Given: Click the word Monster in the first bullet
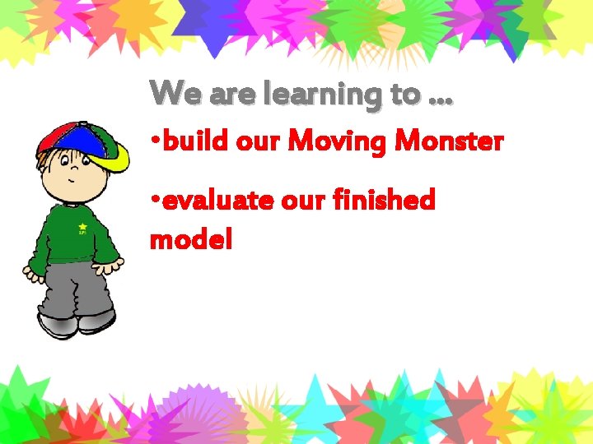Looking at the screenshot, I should coord(449,142).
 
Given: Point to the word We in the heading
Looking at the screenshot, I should coord(177,94).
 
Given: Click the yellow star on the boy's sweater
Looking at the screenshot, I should coord(82,226).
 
